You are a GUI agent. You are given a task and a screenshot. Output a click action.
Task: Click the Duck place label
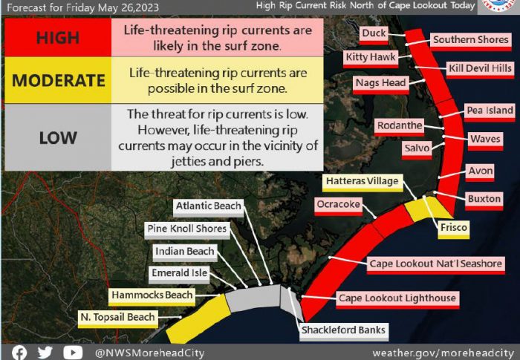(374, 34)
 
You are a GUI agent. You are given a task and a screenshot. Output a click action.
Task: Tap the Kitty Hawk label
(371, 58)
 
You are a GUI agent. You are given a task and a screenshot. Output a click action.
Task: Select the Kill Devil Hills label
(480, 69)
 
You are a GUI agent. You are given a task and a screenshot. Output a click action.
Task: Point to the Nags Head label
(380, 84)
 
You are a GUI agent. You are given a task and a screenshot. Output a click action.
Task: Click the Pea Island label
(490, 111)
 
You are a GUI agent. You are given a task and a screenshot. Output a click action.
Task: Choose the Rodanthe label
(400, 126)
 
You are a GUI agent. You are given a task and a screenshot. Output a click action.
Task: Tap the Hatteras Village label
(363, 182)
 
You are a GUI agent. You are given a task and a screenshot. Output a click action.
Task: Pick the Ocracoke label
(338, 205)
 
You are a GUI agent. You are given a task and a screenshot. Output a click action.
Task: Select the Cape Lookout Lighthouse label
(397, 298)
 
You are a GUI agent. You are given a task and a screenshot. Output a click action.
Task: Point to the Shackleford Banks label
(343, 331)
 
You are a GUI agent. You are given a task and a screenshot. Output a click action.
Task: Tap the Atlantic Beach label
(208, 206)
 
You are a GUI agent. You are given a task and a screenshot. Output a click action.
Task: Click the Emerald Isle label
(179, 273)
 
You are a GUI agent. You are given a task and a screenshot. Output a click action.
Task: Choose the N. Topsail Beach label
(117, 318)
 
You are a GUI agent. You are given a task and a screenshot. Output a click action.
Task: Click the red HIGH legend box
(58, 37)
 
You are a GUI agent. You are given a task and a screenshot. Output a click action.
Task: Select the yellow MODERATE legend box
(58, 80)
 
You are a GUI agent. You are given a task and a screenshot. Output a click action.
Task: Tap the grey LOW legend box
(58, 137)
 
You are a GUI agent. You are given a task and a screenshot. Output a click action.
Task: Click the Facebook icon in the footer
(19, 353)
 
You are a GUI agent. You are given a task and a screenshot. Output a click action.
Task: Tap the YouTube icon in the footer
(73, 353)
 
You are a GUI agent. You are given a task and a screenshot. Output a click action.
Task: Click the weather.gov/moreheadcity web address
(443, 353)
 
